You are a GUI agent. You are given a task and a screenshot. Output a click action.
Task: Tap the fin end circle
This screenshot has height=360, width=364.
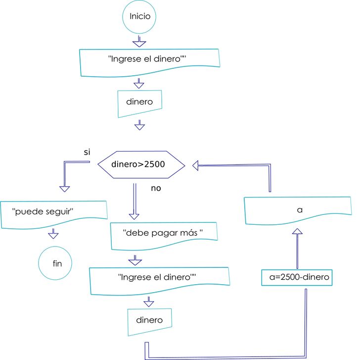56,263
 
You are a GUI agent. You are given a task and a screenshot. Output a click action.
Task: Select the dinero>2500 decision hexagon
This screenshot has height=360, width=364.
141,164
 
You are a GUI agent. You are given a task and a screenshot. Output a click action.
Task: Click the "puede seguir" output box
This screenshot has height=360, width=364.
54,213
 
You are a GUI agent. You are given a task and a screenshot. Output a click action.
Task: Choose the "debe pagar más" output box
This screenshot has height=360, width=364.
163,235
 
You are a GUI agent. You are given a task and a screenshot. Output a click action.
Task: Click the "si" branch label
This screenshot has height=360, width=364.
87,152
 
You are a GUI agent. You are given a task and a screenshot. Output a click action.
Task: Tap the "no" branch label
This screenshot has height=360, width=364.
156,188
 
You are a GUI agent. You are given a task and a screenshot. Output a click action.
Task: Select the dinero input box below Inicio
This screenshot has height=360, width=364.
140,103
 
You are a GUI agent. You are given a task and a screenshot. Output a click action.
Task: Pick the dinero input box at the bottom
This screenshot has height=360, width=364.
150,320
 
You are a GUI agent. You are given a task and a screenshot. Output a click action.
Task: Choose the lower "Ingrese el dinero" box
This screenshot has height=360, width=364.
159,279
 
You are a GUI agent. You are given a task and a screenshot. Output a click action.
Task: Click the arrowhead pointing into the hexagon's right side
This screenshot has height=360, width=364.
196,165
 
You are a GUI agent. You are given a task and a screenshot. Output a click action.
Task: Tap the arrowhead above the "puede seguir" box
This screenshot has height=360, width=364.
64,188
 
